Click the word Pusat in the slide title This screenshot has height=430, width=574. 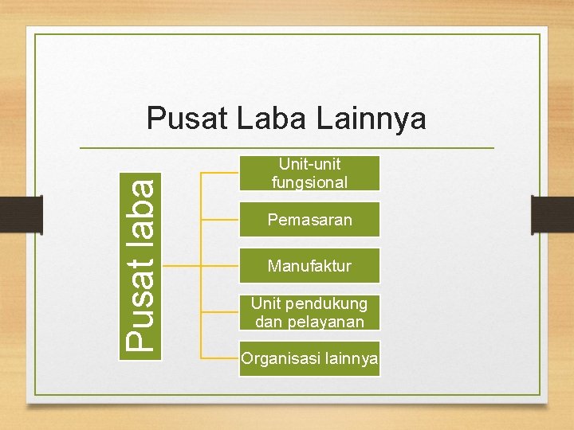point(186,119)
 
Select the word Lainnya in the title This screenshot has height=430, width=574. point(372,119)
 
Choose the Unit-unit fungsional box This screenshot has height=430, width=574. point(310,173)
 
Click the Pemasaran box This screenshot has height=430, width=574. point(310,220)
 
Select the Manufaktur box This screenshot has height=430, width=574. point(310,265)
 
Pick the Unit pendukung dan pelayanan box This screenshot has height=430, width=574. point(310,312)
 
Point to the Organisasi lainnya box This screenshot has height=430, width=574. point(310,359)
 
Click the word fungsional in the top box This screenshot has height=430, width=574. point(310,182)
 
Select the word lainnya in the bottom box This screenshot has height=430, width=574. point(347,359)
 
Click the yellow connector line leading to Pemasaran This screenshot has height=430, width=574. point(220,218)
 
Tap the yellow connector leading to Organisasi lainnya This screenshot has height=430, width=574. point(220,358)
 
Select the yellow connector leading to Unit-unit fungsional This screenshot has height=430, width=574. point(220,172)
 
